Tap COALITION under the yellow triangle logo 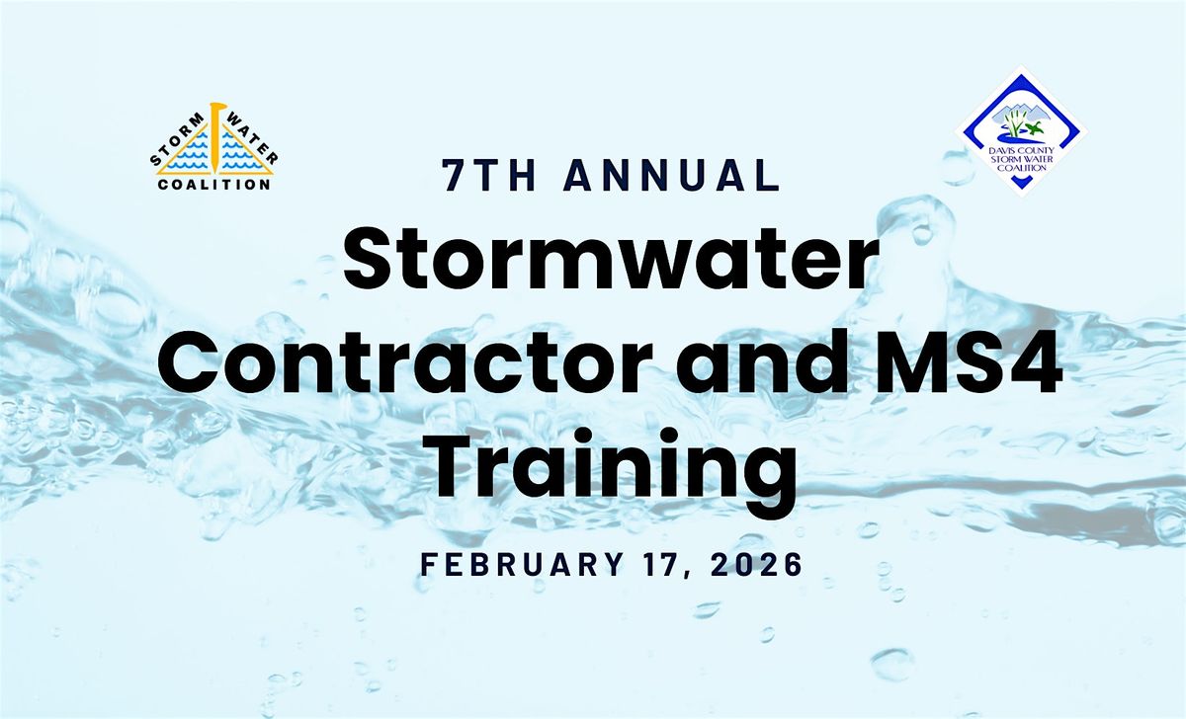(x=214, y=184)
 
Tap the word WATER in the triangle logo (x=255, y=138)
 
